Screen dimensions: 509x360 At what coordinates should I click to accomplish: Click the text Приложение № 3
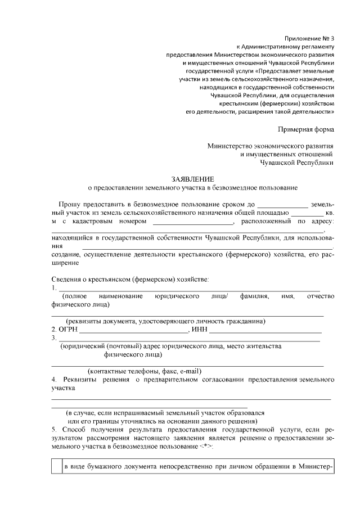(x=310, y=37)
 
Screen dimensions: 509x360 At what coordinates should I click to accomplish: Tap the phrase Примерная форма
(x=309, y=129)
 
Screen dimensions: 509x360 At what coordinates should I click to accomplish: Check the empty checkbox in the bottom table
(x=56, y=466)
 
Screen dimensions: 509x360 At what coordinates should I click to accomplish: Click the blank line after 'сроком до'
(x=282, y=205)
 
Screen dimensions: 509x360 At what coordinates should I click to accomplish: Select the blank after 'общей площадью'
(x=307, y=214)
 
